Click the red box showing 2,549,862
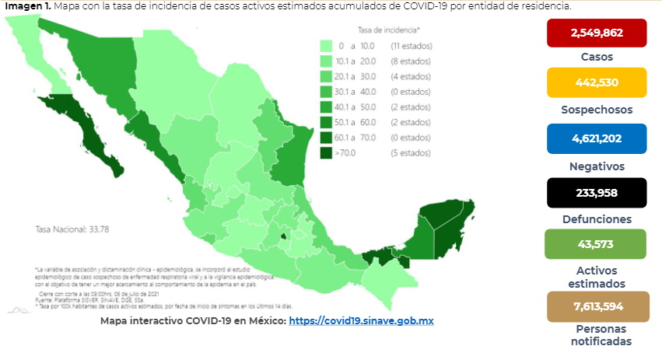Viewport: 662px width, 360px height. pyautogui.click(x=597, y=33)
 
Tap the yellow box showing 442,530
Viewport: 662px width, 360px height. pyautogui.click(x=597, y=82)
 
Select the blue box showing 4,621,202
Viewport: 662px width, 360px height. pyautogui.click(x=597, y=138)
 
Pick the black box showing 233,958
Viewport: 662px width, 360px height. pyautogui.click(x=597, y=193)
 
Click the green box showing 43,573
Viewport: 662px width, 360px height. pyautogui.click(x=597, y=244)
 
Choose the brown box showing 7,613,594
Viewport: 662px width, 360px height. pyautogui.click(x=597, y=306)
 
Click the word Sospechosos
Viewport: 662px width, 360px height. pyautogui.click(x=597, y=110)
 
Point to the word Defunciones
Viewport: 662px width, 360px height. pyautogui.click(x=597, y=220)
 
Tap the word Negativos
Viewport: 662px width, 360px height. pyautogui.click(x=597, y=166)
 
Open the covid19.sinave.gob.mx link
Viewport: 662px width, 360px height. pyautogui.click(x=360, y=320)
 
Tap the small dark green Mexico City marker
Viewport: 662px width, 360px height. pyautogui.click(x=284, y=235)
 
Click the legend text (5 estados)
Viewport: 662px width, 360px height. pyautogui.click(x=406, y=152)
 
